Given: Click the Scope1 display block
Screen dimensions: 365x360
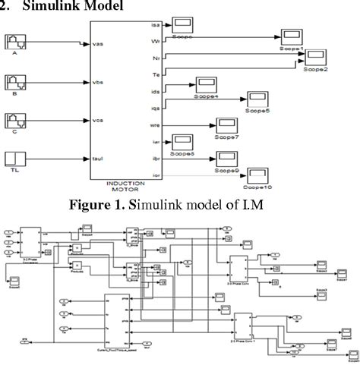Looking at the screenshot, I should [289, 38].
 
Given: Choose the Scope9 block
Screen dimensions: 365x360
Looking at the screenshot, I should [226, 159].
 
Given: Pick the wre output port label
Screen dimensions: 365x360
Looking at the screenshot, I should [156, 124].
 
